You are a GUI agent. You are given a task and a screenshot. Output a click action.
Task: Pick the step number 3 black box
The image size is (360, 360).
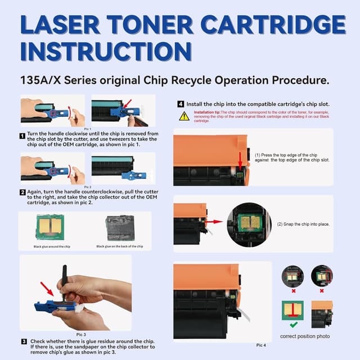click(24, 341)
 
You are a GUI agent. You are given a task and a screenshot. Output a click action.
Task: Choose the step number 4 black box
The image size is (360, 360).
click(181, 104)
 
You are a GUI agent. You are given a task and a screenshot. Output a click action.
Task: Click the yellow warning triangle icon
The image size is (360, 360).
click(184, 116)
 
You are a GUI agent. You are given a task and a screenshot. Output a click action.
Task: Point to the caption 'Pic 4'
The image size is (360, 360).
click(261, 345)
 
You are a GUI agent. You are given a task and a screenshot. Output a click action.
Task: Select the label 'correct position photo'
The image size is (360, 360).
click(304, 336)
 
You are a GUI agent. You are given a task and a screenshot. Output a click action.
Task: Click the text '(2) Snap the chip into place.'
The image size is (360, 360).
click(303, 224)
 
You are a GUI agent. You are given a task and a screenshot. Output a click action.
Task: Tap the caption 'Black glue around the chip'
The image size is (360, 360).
click(52, 246)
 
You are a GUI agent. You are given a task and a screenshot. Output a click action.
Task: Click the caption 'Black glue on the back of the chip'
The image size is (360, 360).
click(120, 246)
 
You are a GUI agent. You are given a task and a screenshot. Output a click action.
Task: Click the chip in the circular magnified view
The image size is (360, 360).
click(249, 219)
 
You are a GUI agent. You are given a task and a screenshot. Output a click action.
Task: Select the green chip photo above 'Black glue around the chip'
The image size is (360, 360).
click(50, 227)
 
